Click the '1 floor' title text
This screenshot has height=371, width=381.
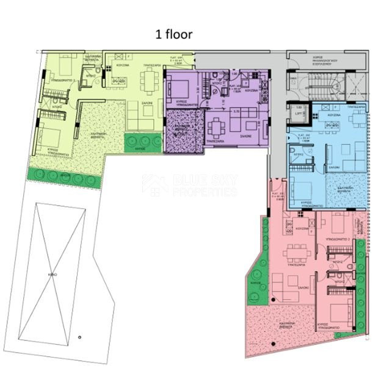click(174, 35)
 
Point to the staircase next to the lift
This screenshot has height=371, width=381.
click(324, 84)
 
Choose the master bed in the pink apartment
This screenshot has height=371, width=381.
click(340, 303)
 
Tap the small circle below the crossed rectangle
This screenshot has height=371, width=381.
click(79, 337)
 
